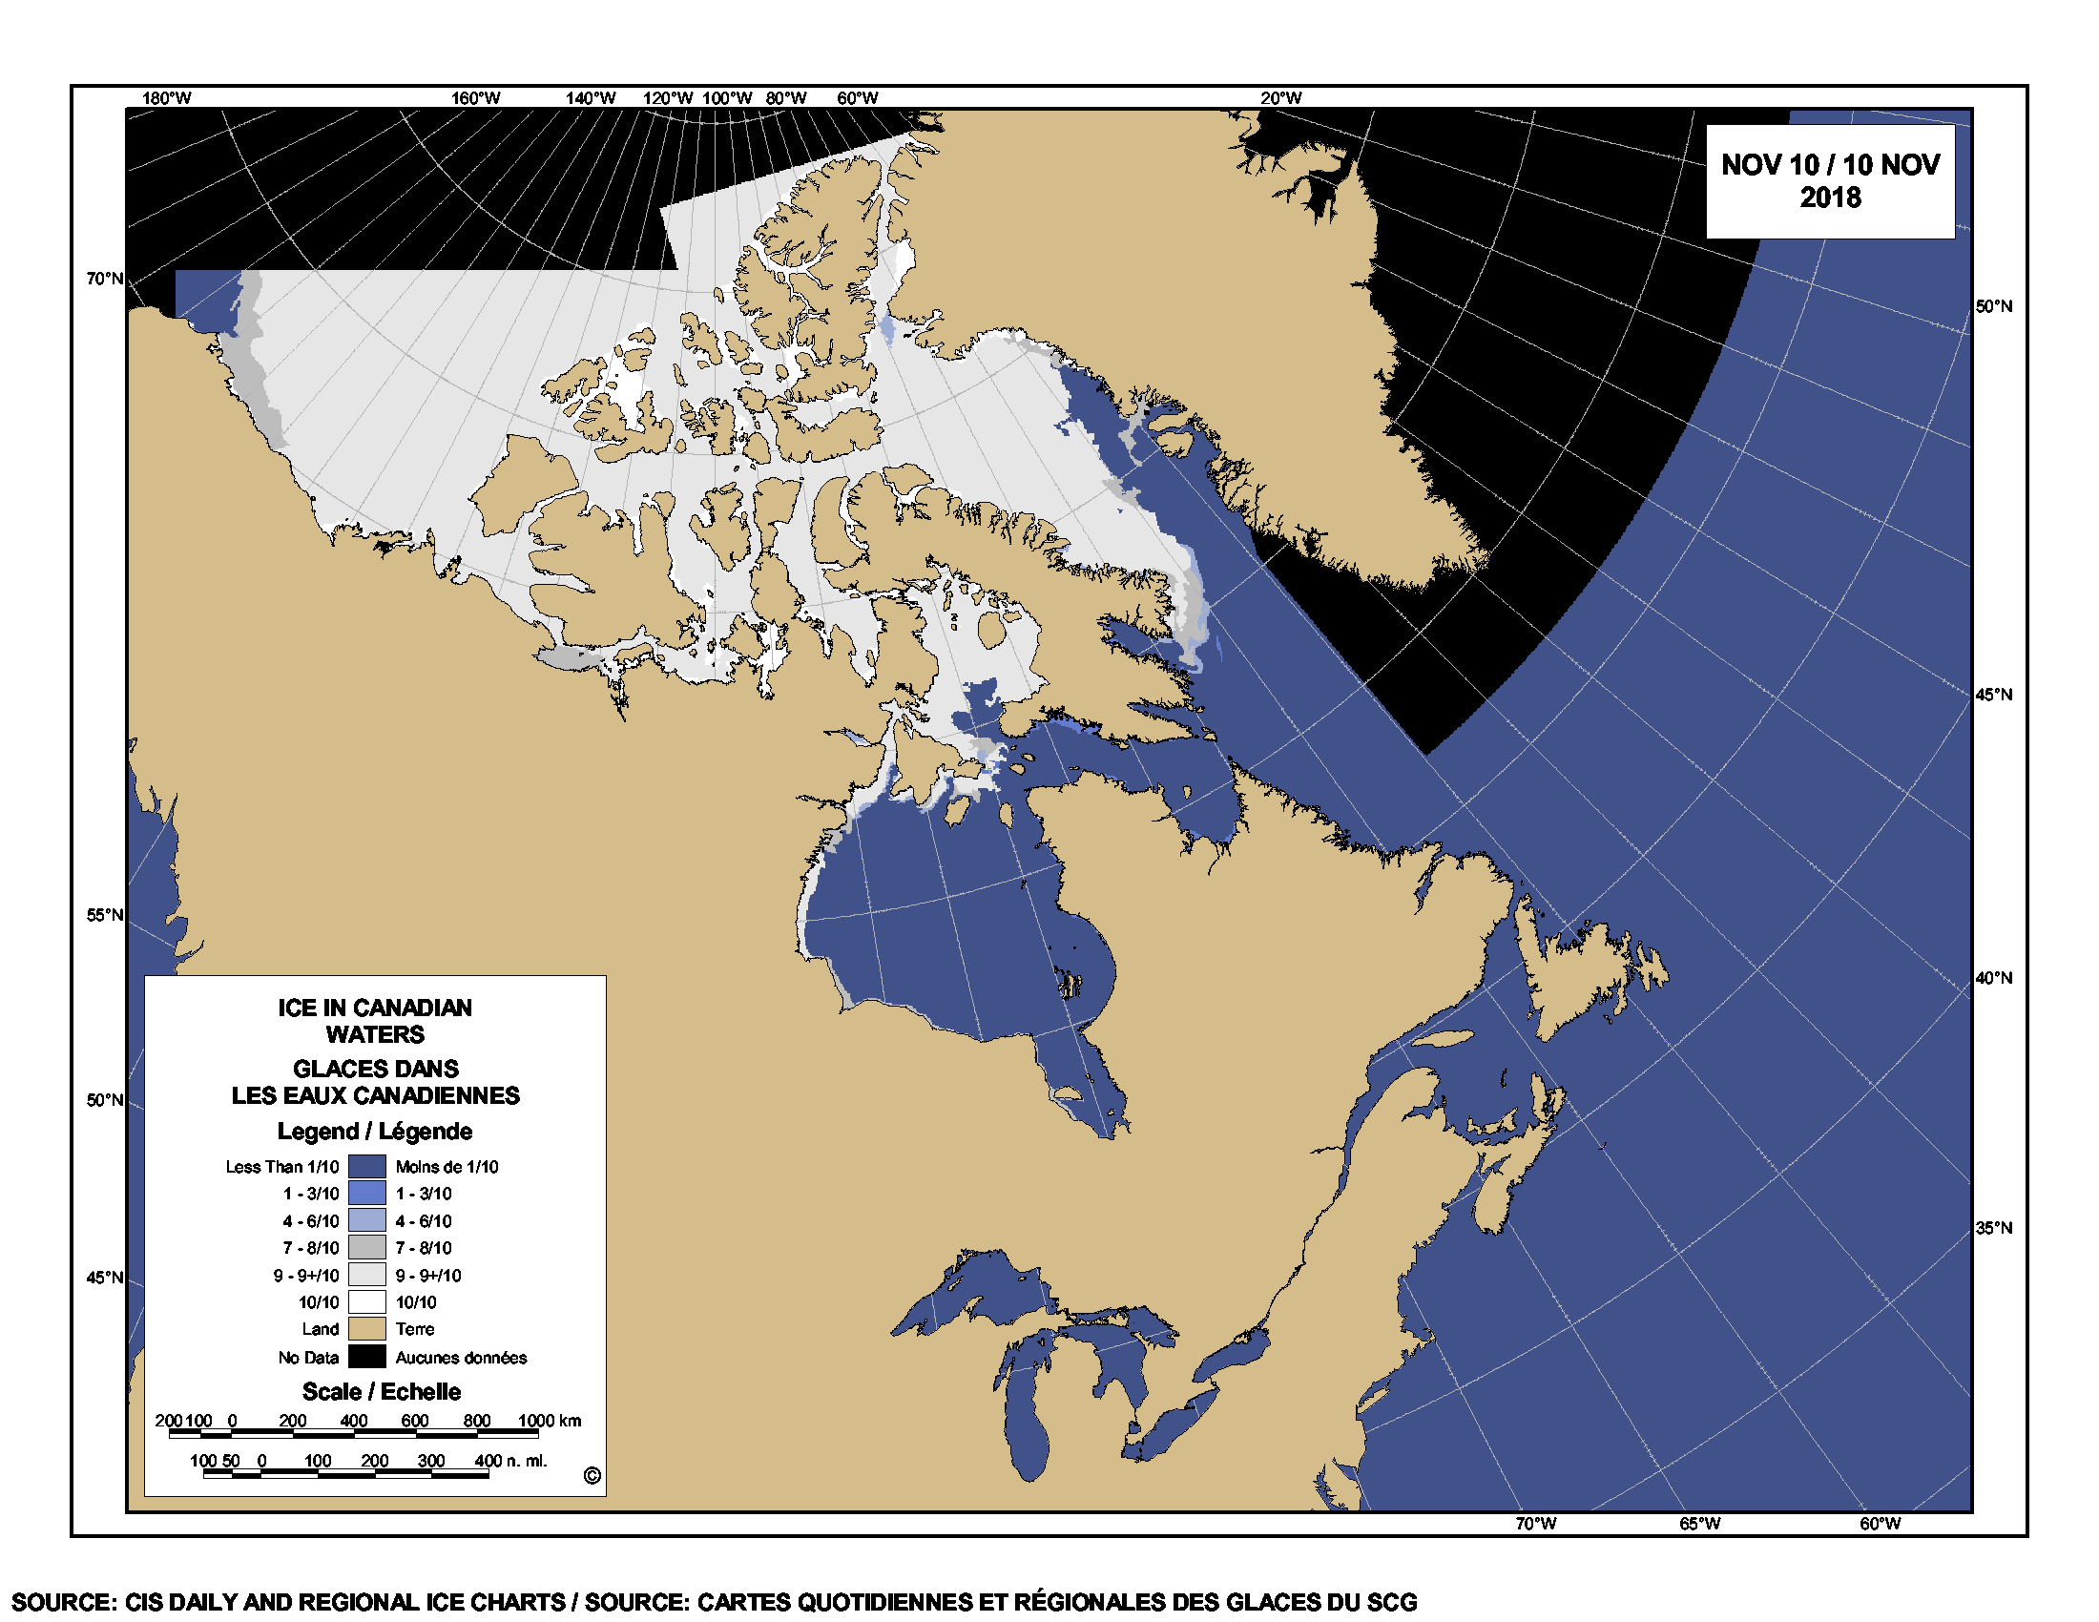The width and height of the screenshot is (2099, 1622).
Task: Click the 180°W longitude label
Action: coord(166,98)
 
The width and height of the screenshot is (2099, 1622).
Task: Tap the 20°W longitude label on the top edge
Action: coord(1281,98)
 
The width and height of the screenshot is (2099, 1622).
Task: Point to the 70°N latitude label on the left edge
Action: coord(105,279)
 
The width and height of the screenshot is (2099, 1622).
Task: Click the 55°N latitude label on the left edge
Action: coord(105,915)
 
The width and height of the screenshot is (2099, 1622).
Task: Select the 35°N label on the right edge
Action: coord(1993,1228)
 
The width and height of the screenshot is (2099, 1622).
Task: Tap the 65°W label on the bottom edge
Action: coord(1699,1524)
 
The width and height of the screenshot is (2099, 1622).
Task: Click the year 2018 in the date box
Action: coord(1830,198)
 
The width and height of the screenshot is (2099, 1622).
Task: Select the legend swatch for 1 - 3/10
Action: coord(366,1194)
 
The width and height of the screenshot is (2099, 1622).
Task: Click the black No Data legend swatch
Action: coord(366,1357)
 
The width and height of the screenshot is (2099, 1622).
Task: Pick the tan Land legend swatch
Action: coord(366,1329)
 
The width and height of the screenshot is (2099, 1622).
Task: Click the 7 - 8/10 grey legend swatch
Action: coord(366,1247)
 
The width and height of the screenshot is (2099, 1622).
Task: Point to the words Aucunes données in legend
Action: coord(461,1358)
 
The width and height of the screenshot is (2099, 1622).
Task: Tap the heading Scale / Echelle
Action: coord(381,1391)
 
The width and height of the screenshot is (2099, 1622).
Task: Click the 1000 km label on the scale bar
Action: coord(549,1422)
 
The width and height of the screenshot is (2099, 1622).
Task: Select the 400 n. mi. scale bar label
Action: coord(510,1461)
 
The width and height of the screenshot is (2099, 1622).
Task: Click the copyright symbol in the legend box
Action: coord(592,1476)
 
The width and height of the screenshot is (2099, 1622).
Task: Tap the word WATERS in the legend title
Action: coord(375,1035)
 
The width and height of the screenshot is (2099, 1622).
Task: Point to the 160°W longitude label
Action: coord(476,98)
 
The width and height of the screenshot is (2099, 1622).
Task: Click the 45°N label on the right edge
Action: coord(1993,695)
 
